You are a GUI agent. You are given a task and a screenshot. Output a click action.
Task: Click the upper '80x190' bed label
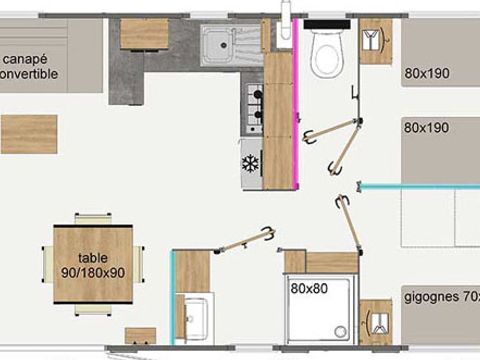point(428,73)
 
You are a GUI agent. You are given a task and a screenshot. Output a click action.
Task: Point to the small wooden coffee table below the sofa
point(23,129)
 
